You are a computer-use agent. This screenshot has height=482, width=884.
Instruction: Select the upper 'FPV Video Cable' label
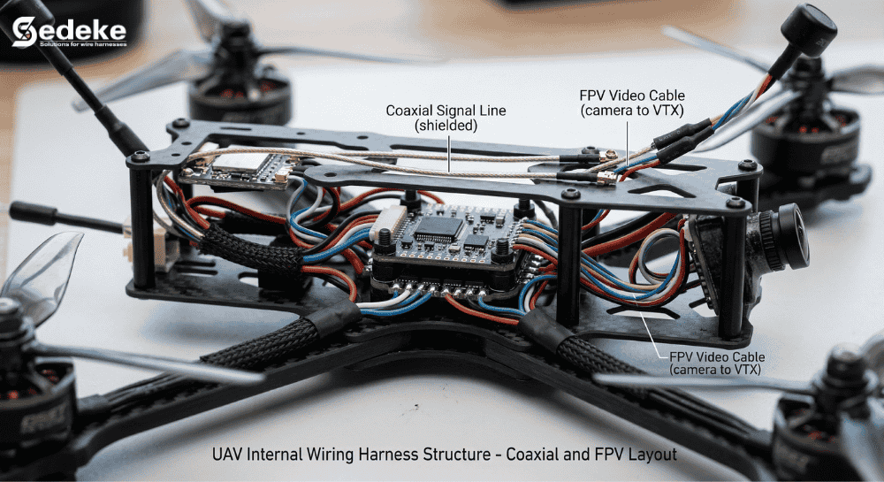tap(631, 103)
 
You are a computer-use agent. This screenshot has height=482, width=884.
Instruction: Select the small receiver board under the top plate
tap(232, 171)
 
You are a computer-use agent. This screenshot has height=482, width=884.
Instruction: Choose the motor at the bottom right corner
tap(827, 416)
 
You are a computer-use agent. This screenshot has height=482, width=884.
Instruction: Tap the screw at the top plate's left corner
tap(140, 157)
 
